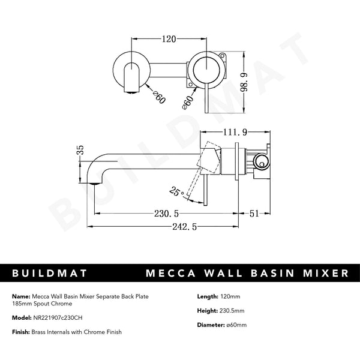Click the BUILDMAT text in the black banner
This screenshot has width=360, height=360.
[x=50, y=273]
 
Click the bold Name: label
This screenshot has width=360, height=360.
[x=19, y=296]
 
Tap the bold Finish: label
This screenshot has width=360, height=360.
[x=21, y=332]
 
